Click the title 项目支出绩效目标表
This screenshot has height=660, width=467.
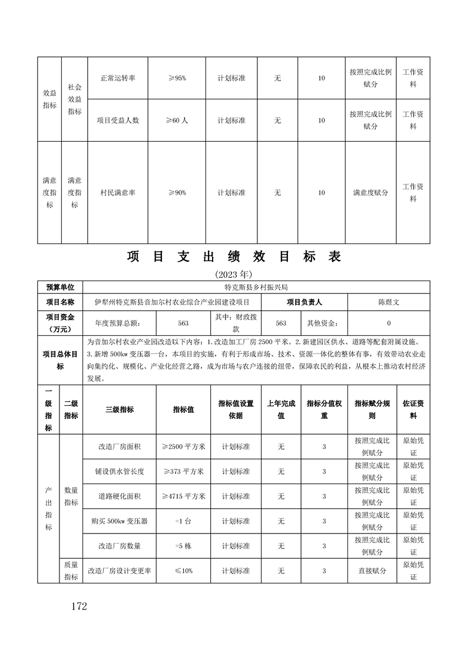(x=234, y=257)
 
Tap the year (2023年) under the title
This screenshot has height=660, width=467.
(x=234, y=274)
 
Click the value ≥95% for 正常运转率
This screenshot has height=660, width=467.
(x=177, y=78)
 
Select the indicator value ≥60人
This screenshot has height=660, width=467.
(x=177, y=121)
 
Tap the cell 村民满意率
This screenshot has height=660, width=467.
(x=118, y=192)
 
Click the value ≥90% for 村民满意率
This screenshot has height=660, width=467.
(x=177, y=192)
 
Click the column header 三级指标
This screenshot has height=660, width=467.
(x=120, y=409)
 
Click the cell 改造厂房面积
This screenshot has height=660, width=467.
(x=120, y=446)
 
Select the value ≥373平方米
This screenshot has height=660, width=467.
(x=183, y=471)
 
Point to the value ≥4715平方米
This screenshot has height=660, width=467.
(x=183, y=496)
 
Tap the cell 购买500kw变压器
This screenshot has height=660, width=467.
(x=120, y=521)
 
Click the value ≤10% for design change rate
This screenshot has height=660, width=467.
(x=183, y=571)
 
